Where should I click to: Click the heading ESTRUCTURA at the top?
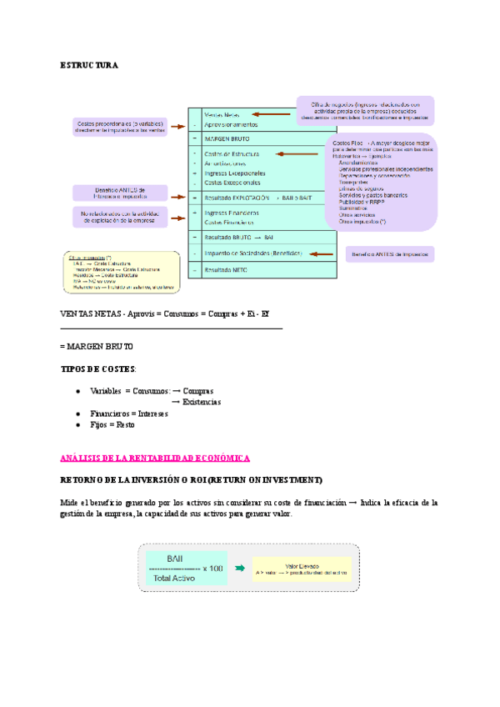click(x=90, y=64)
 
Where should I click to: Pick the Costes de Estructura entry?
click(x=232, y=154)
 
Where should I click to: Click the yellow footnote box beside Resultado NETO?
click(x=122, y=272)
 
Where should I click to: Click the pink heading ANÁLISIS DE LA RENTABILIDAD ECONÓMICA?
click(x=155, y=458)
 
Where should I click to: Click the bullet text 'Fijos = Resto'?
click(x=112, y=424)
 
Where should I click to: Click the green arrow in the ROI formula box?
click(x=239, y=568)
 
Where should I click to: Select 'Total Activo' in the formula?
click(x=175, y=577)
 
